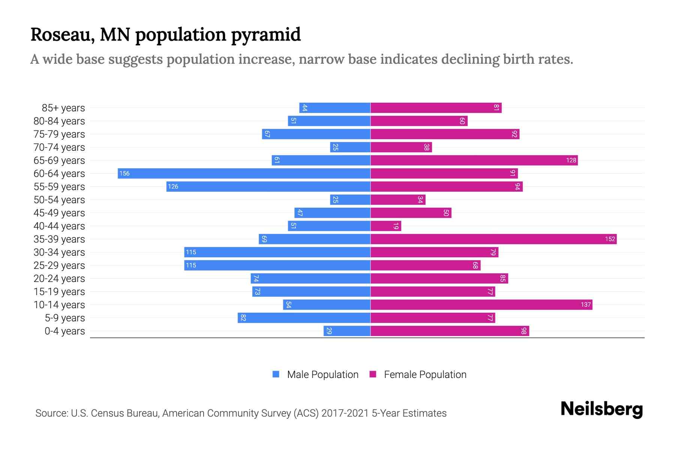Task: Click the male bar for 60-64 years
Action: (244, 173)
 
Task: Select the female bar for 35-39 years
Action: (493, 239)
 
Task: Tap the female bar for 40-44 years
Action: (386, 226)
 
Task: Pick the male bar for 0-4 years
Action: (347, 331)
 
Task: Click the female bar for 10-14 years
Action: (481, 304)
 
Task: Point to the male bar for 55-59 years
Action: (268, 186)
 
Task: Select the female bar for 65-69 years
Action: (474, 160)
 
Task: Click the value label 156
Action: (124, 174)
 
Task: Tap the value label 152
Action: (610, 239)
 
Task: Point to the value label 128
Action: (571, 160)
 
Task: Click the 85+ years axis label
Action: (63, 108)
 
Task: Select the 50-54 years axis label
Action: (59, 200)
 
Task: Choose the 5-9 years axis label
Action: (65, 318)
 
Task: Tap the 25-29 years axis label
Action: (59, 265)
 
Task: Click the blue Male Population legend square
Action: (276, 374)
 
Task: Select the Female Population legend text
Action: (425, 375)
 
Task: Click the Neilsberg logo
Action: (601, 409)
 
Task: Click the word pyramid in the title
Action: (265, 35)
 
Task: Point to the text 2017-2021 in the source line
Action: (345, 413)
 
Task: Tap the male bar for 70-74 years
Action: (350, 147)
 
